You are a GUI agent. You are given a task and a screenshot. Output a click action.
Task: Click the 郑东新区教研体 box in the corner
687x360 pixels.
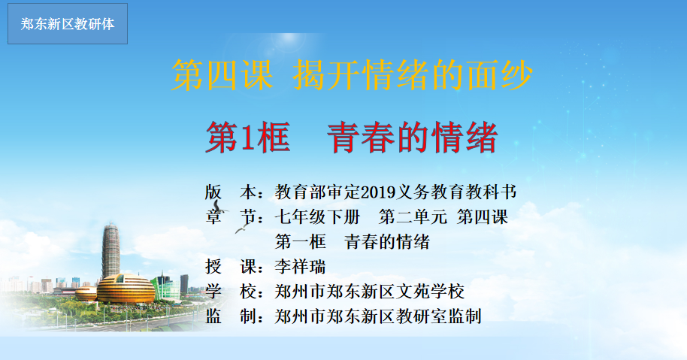click(x=68, y=23)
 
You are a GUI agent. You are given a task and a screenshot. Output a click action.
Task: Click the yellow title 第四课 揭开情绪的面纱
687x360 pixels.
click(x=352, y=75)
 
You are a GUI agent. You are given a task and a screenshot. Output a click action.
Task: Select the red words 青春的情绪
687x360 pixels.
click(x=413, y=138)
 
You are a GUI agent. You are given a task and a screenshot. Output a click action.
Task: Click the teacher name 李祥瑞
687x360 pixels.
click(x=301, y=266)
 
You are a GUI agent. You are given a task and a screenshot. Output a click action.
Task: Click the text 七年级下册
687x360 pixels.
click(x=318, y=216)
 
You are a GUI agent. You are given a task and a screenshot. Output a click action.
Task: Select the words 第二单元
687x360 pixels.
click(x=413, y=216)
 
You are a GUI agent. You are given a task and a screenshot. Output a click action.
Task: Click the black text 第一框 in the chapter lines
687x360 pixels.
click(x=301, y=242)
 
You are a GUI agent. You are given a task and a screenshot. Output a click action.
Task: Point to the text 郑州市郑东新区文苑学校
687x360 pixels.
click(x=369, y=292)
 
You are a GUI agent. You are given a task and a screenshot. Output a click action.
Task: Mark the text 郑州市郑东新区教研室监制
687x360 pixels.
click(x=378, y=316)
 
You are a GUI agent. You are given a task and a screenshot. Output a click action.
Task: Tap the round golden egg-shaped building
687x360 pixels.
click(x=126, y=289)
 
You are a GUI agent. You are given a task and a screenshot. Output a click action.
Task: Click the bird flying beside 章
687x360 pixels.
click(x=219, y=207)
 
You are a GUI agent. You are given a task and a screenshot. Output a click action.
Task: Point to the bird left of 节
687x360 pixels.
click(x=242, y=228)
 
